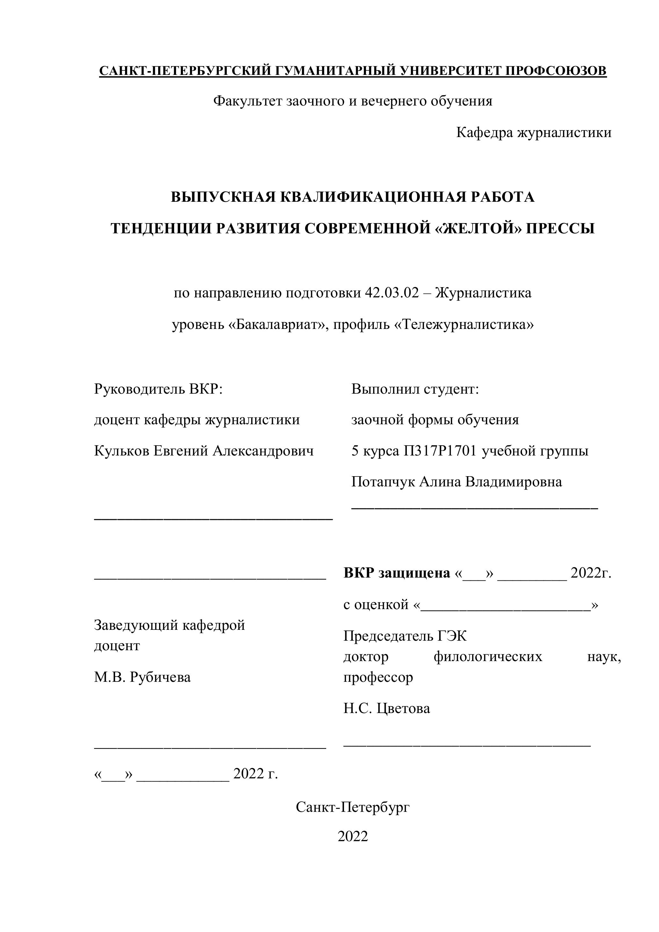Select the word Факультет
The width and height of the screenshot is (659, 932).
pyautogui.click(x=248, y=101)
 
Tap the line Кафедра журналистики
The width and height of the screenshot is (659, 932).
pyautogui.click(x=533, y=132)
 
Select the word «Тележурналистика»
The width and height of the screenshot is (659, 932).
pyautogui.click(x=464, y=325)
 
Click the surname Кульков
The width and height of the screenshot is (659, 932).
pyautogui.click(x=121, y=451)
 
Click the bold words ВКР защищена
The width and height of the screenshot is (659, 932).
pyautogui.click(x=397, y=573)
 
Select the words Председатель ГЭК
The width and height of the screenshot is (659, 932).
pyautogui.click(x=405, y=636)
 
